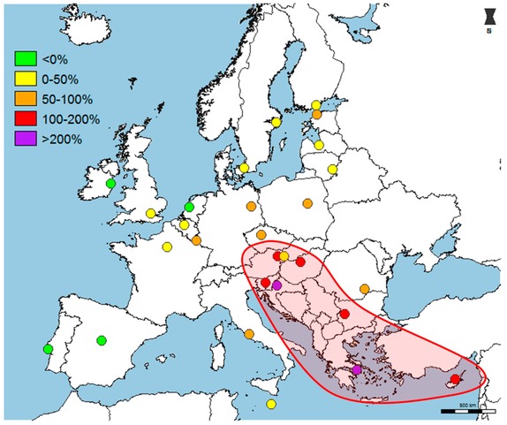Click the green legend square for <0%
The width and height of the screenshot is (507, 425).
click(22, 59)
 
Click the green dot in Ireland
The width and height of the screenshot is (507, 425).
click(110, 184)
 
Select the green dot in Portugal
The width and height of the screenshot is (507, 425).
click(48, 349)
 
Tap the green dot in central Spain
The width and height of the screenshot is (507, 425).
click(102, 339)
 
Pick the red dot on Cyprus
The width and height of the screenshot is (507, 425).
click(456, 379)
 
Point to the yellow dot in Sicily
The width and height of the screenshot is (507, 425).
click(271, 404)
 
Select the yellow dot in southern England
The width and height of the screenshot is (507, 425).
click(151, 213)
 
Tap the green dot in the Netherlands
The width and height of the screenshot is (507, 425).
click(189, 208)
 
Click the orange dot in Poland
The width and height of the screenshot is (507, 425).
click(307, 203)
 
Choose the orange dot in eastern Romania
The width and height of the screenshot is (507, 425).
click(365, 289)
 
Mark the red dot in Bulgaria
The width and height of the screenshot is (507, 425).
click(344, 314)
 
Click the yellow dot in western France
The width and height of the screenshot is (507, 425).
click(167, 247)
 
